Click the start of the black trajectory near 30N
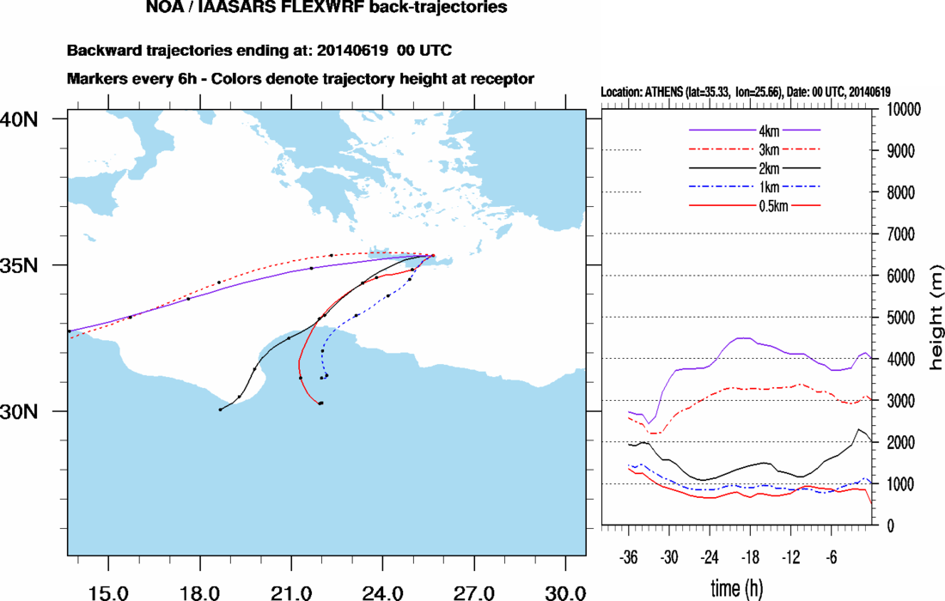(221, 410)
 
